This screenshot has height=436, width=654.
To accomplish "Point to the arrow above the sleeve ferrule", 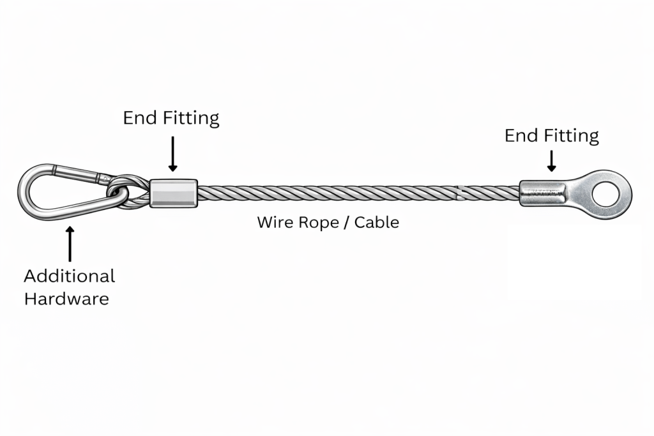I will click(x=172, y=153).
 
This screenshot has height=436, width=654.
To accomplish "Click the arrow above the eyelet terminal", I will click(x=551, y=160).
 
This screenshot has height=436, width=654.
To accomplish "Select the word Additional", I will click(x=69, y=276).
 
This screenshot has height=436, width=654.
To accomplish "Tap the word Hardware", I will click(x=66, y=298).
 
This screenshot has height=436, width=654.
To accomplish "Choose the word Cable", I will click(x=377, y=223).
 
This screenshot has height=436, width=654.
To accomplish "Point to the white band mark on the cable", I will click(x=459, y=191).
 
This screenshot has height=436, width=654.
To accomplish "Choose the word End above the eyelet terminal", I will click(x=520, y=136).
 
